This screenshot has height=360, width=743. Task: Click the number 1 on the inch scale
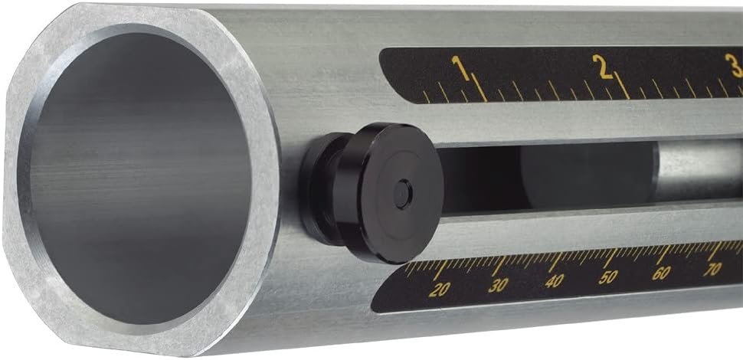click(x=460, y=67)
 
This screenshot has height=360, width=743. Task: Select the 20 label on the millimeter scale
click(x=439, y=290)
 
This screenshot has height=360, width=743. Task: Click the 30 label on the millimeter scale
click(x=498, y=285)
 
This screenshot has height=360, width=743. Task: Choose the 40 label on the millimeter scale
click(x=554, y=281)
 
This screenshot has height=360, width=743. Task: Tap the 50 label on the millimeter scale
click(x=608, y=277)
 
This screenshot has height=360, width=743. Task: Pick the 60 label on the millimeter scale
click(x=661, y=273)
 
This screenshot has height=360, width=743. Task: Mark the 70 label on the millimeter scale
click(x=712, y=269)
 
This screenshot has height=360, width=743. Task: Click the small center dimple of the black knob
click(x=403, y=194)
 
